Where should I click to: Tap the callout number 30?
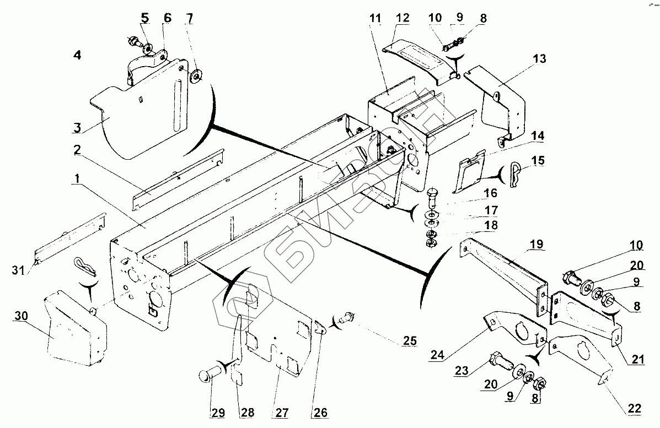pos(21,316)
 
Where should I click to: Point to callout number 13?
pos(539,58)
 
